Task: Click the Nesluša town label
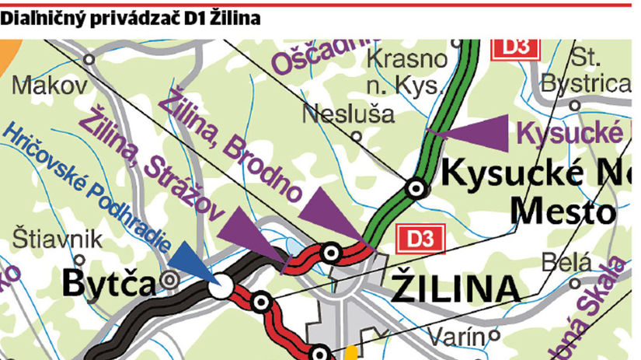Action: click(x=347, y=114)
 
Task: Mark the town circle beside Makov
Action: click(x=90, y=59)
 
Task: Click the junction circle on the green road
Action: click(x=416, y=187)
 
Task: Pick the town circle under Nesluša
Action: click(x=357, y=135)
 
